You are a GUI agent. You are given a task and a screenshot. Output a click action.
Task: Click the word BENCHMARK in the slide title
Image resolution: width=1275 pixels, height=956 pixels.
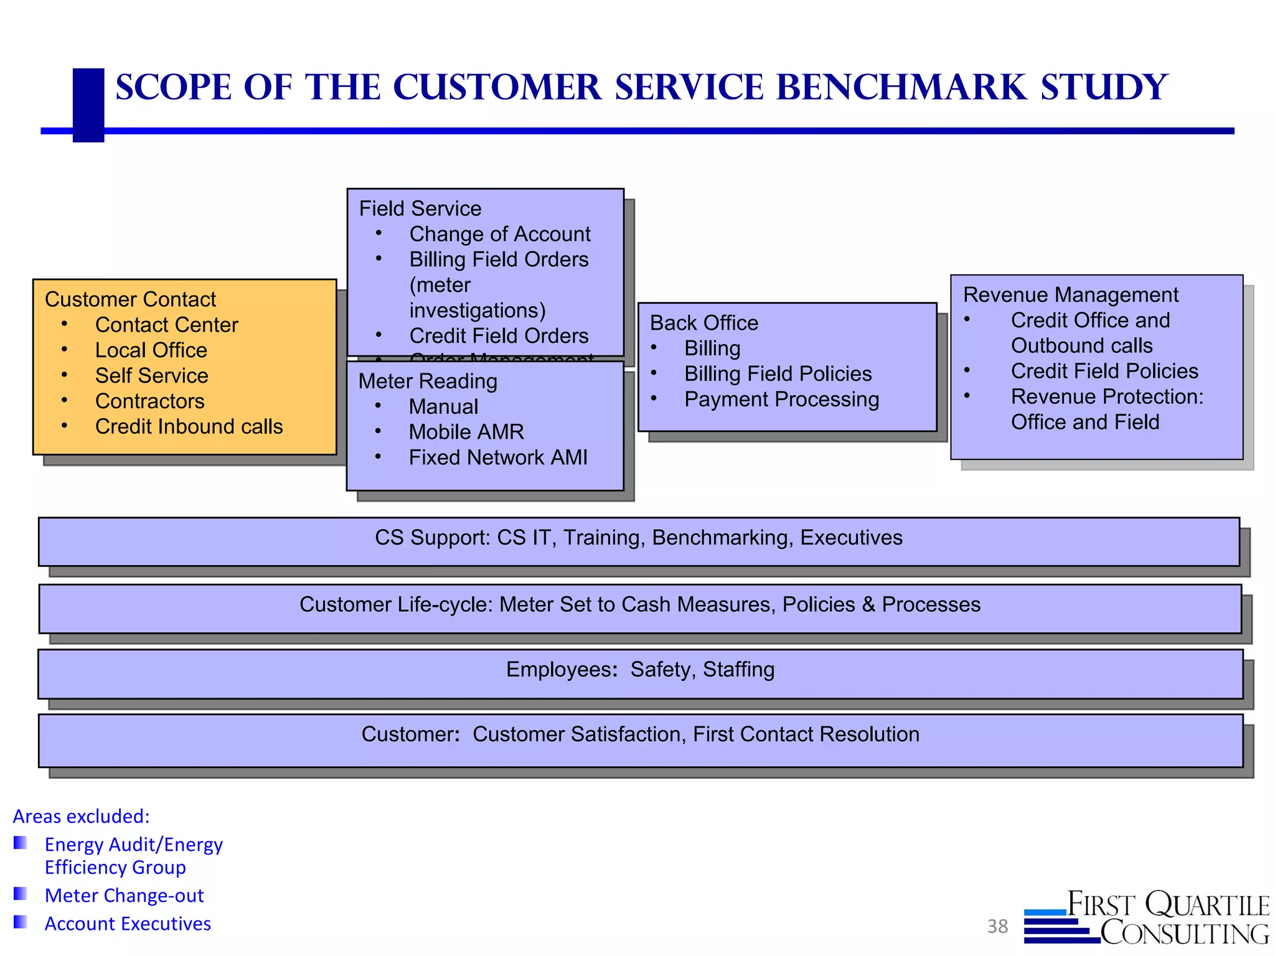click(901, 87)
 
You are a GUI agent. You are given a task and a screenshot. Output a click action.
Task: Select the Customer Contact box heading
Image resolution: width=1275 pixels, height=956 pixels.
click(130, 299)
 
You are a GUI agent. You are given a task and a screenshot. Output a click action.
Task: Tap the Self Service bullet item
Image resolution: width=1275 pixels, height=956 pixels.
click(151, 375)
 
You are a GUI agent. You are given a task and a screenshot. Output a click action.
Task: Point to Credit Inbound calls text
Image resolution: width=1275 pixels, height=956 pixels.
click(189, 426)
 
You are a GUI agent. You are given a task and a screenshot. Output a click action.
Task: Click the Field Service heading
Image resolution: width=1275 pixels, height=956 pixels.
click(420, 209)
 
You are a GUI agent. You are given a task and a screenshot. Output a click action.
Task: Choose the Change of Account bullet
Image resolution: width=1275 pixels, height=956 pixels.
click(499, 234)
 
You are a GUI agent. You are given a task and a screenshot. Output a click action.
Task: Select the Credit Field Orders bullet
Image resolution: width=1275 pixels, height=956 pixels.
click(498, 335)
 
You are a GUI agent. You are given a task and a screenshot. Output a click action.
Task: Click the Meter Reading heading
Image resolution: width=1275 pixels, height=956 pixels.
click(428, 381)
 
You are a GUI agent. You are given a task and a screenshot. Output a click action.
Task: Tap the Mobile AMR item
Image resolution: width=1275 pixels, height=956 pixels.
click(466, 432)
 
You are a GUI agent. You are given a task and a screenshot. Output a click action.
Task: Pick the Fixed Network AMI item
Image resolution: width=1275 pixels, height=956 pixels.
click(497, 457)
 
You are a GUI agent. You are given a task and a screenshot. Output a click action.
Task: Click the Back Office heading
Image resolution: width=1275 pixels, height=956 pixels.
click(703, 323)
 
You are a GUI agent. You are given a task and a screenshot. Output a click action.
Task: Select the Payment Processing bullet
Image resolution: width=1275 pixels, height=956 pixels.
click(781, 399)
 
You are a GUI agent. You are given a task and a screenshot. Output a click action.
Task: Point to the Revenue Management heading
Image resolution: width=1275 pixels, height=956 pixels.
click(1070, 294)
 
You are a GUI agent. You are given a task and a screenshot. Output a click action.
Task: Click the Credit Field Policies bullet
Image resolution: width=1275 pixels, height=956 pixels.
click(1104, 371)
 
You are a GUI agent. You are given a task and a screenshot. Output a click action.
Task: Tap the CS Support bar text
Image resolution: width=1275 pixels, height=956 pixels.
click(638, 538)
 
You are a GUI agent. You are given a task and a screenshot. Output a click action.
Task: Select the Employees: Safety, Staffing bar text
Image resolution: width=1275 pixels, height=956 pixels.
click(640, 670)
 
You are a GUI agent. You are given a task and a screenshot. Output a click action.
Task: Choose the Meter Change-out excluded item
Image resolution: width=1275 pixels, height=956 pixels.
click(124, 896)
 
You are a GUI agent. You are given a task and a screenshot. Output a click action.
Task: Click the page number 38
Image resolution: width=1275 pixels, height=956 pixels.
click(997, 926)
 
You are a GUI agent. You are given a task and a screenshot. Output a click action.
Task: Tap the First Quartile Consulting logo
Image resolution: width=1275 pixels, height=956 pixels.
click(1147, 918)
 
